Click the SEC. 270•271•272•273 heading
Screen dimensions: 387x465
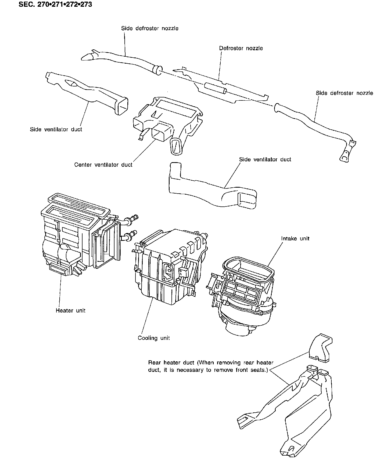55,5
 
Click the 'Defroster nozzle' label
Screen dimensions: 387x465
241,48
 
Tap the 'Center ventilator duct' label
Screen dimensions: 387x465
103,165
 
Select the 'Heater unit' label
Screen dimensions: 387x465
70,311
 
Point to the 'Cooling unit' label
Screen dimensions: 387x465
154,338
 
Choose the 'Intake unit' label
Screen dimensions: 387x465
295,238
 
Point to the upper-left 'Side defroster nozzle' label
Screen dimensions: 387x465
150,28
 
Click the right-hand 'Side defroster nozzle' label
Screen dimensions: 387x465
344,93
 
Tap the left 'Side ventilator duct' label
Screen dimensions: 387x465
56,129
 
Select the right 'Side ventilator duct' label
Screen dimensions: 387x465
265,159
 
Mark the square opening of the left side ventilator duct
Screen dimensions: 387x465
121,106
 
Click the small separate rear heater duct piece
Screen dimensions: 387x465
321,347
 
